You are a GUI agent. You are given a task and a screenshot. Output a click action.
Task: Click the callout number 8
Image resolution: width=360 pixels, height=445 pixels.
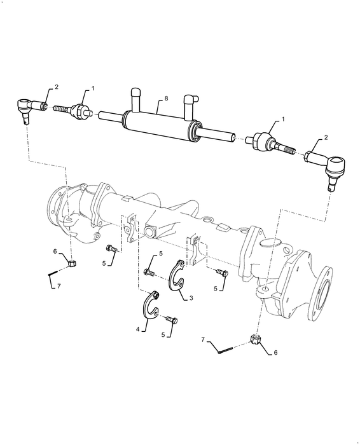click(x=166, y=99)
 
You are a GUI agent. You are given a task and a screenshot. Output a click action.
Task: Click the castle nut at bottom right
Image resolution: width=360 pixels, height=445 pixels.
click(x=256, y=341)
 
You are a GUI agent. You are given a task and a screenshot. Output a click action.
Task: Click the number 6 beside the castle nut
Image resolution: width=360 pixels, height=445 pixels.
click(x=276, y=352)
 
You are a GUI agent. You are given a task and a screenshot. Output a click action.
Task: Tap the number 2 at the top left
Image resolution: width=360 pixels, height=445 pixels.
click(x=57, y=86)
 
